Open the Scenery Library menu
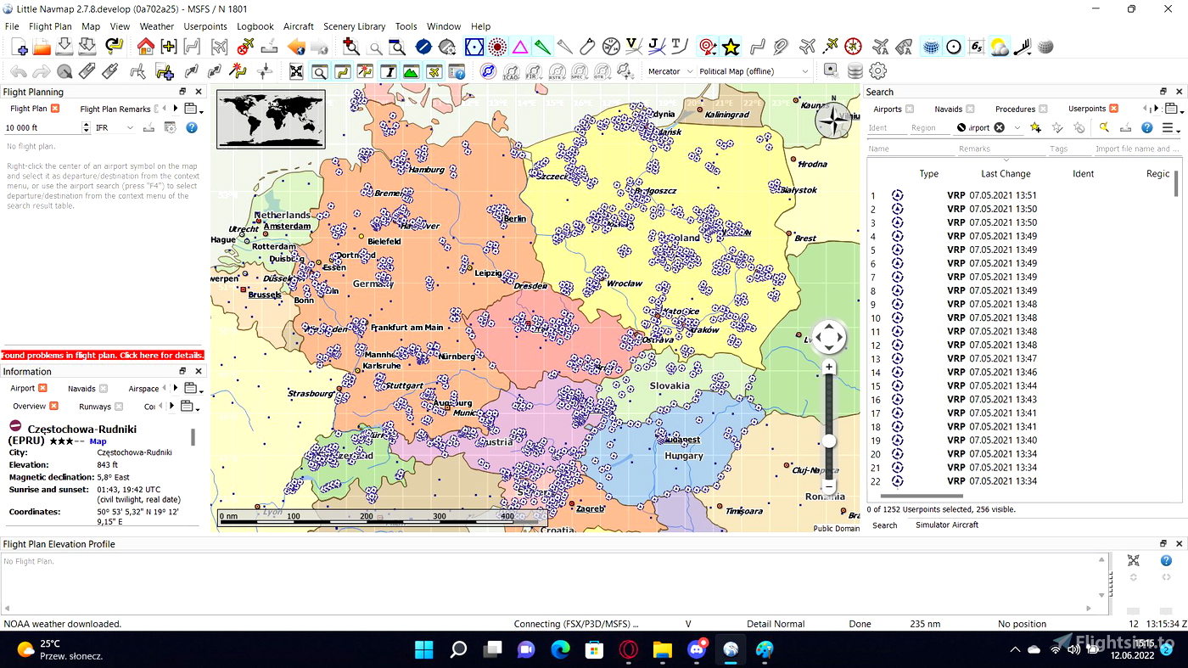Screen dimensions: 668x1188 [x=354, y=26]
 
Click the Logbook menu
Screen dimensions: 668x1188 [x=255, y=26]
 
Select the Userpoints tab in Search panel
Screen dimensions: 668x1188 [x=1086, y=109]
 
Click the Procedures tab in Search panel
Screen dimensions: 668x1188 [x=1015, y=109]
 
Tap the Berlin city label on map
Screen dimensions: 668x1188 [x=514, y=219]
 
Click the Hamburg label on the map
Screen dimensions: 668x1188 [x=426, y=170]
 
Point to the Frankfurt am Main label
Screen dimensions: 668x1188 [x=406, y=328]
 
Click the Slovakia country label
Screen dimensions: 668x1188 [x=670, y=385]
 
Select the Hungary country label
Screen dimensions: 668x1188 [x=683, y=456]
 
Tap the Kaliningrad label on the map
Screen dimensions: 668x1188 [x=727, y=115]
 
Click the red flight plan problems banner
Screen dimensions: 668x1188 [x=103, y=355]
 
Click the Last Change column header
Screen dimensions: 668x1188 [x=1006, y=174]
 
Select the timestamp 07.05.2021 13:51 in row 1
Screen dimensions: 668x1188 [x=1003, y=195]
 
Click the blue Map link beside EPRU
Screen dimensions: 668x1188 [x=98, y=441]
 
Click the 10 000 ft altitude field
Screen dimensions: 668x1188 [x=42, y=128]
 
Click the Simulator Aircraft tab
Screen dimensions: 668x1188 [x=946, y=525]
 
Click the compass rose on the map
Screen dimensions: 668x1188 [x=833, y=121]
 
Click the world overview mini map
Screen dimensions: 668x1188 [x=271, y=119]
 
